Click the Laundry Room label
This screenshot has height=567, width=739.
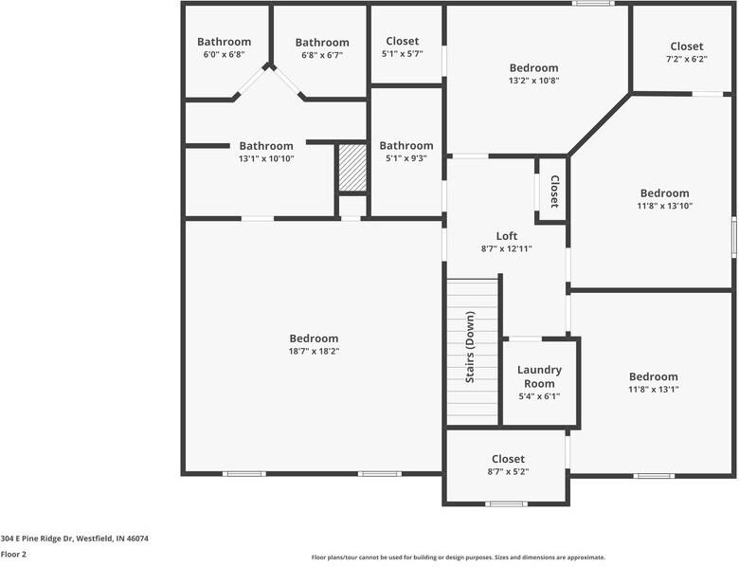point(539,376)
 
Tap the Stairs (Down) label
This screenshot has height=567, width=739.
point(470,349)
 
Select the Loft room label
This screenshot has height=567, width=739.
point(507,236)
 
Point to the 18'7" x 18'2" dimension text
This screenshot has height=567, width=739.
point(314,351)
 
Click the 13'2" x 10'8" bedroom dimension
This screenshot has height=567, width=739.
point(533,81)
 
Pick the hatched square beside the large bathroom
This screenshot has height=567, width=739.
point(351,168)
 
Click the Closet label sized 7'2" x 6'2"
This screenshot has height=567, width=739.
point(686,46)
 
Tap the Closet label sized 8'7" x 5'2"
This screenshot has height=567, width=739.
point(508,459)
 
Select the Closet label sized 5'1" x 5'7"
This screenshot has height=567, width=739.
point(402,42)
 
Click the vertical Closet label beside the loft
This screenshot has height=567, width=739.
point(554,192)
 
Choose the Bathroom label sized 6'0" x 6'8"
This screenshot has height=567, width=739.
point(224,42)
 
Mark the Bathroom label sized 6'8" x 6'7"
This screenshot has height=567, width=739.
point(322,43)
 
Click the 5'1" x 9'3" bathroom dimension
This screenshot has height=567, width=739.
point(406,158)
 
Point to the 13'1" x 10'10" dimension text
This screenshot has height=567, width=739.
point(266,158)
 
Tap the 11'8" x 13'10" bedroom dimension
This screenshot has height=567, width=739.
point(664,205)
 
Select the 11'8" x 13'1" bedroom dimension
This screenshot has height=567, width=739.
point(653,389)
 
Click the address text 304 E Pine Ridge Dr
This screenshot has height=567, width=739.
point(74,538)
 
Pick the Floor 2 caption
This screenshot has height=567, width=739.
point(13,554)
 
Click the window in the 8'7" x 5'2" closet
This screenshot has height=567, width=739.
point(506,503)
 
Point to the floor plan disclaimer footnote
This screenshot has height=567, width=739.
point(459,558)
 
